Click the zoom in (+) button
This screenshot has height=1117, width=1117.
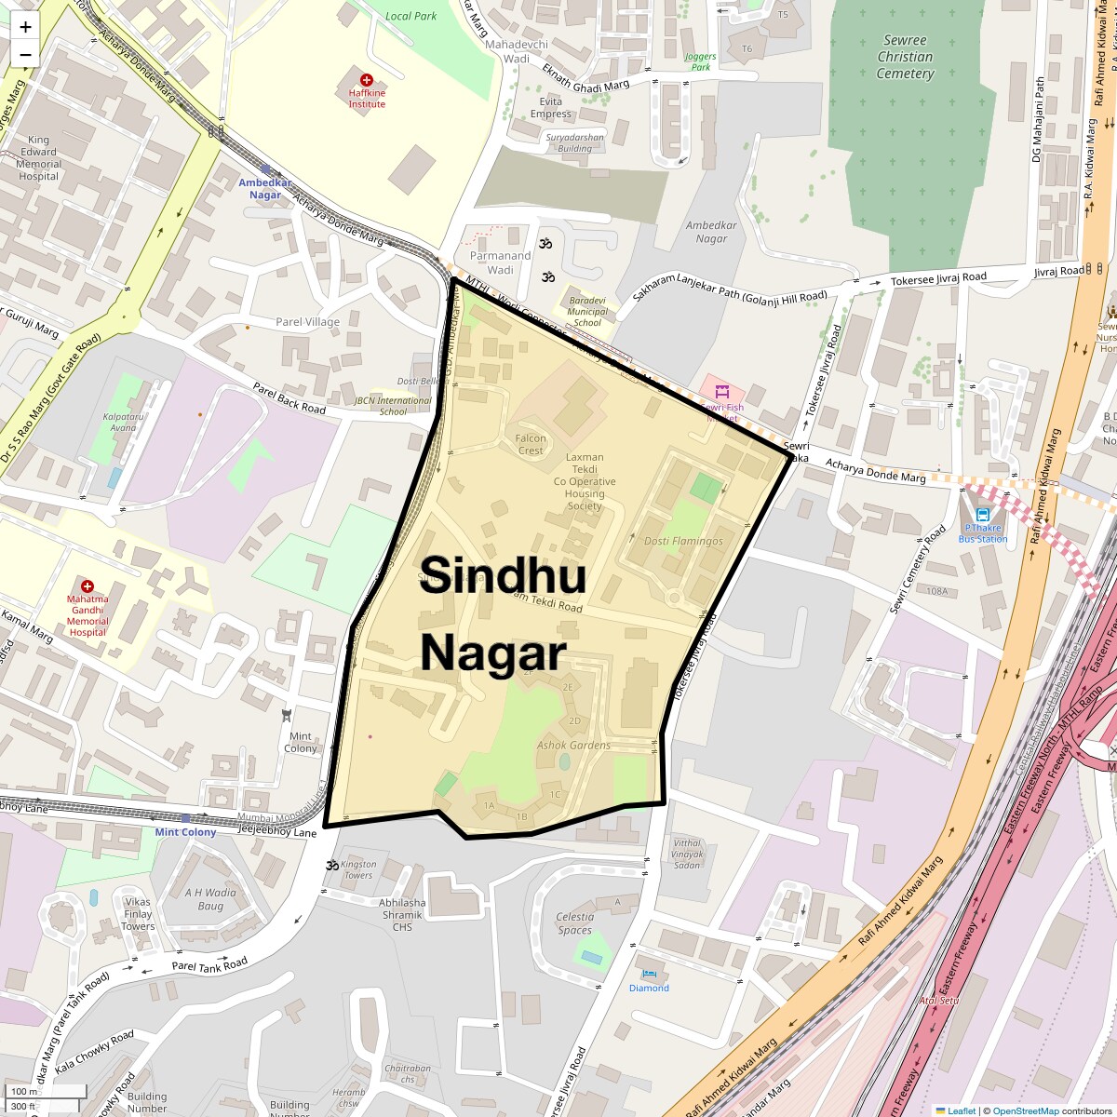tap(25, 27)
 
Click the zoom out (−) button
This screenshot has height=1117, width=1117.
tap(25, 54)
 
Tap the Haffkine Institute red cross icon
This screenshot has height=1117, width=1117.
tap(367, 80)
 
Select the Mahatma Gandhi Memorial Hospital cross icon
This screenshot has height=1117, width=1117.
tap(87, 586)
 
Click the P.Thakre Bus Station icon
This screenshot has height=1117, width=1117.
tap(983, 514)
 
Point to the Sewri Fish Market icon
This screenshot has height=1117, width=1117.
tap(720, 392)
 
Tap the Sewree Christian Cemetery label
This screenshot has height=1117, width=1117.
tap(905, 57)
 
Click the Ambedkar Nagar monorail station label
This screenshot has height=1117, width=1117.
tap(265, 189)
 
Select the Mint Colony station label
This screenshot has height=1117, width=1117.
tap(185, 832)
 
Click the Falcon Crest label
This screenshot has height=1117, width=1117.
tap(531, 444)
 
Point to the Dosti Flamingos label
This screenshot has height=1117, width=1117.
tap(683, 541)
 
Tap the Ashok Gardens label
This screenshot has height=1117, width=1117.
tap(573, 745)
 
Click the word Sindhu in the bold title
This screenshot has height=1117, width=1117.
tap(502, 575)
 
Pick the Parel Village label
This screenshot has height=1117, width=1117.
tap(308, 322)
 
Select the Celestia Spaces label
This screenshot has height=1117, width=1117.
tap(574, 923)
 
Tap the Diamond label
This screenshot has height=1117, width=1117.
tap(649, 988)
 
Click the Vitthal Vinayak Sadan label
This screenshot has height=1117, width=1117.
tap(687, 854)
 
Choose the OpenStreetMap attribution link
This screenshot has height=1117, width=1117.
tap(1025, 1110)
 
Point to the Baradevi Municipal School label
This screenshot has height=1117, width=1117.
tap(587, 311)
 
